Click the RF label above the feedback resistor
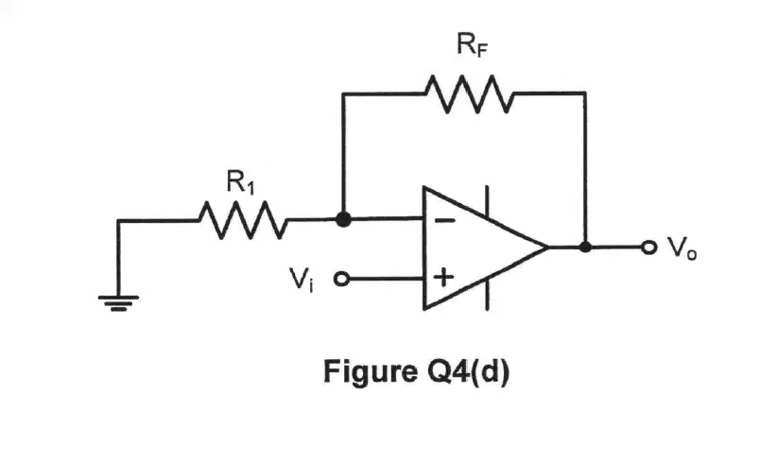(472, 44)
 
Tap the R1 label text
(240, 182)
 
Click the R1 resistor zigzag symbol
(243, 220)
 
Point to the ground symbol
(118, 303)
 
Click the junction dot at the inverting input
(343, 219)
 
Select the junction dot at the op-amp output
(585, 247)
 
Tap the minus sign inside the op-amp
(444, 221)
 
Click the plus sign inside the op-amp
(443, 278)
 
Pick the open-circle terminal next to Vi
(341, 279)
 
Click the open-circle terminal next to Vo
(648, 248)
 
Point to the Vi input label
(301, 280)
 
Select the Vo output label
(682, 248)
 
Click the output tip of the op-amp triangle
(548, 247)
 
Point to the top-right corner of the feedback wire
(585, 93)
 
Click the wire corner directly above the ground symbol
(118, 221)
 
